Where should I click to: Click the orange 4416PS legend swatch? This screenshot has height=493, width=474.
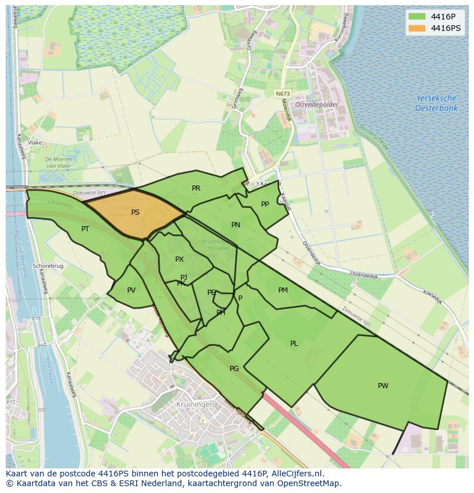(x=418, y=28)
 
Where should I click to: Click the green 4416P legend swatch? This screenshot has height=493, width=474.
(x=418, y=16)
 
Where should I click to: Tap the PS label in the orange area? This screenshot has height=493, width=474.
(x=135, y=212)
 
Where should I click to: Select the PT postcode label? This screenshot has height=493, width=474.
(x=85, y=229)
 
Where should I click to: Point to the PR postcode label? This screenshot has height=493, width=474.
(x=196, y=188)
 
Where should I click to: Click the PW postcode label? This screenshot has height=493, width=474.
(x=383, y=386)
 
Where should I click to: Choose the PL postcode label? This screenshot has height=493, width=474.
(x=294, y=344)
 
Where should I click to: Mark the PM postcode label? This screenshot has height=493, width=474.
(x=283, y=290)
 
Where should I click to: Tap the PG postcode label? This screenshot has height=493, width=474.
(x=234, y=369)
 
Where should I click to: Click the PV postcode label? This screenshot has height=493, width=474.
(x=131, y=290)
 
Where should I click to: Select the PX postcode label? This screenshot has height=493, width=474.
(x=179, y=259)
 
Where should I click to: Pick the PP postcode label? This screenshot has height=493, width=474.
(x=264, y=204)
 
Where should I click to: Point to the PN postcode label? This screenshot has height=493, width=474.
(x=235, y=225)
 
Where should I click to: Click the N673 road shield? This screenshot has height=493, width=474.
(x=282, y=93)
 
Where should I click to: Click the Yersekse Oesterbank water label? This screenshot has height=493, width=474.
(x=436, y=103)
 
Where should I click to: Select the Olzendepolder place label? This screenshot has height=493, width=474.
(x=317, y=105)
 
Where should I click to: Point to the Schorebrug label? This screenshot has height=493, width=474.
(x=48, y=266)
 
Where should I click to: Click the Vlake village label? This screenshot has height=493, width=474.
(x=34, y=143)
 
